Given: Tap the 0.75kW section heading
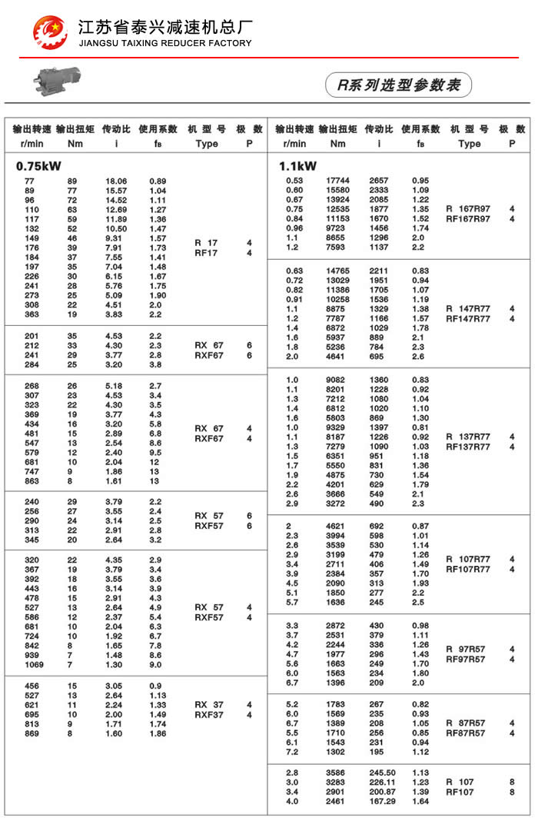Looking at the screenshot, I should click(x=38, y=165).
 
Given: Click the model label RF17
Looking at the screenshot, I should click(x=206, y=253).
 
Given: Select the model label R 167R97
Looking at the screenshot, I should click(x=468, y=208).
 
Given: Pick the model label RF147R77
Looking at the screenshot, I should click(x=468, y=319).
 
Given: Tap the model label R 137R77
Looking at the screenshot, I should click(x=468, y=437).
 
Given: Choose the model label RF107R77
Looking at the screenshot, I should click(x=468, y=570).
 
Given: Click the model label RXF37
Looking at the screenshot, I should click(x=209, y=715).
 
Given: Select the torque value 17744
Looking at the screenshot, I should click(x=337, y=181).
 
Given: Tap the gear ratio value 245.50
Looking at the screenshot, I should click(x=381, y=773).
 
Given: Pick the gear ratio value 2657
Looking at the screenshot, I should click(x=378, y=181).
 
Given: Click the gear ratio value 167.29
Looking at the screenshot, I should click(x=381, y=803).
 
